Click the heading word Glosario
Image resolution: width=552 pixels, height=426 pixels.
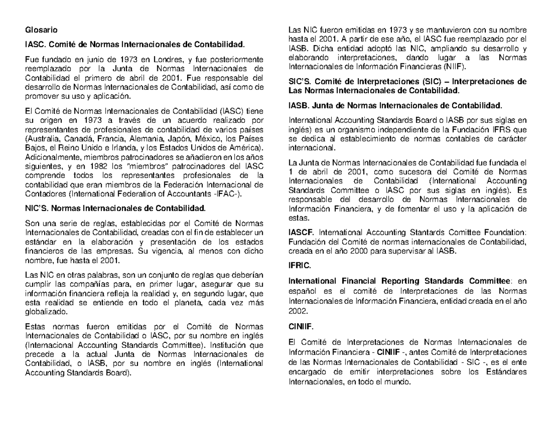(41, 31)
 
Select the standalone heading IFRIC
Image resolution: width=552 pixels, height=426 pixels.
(299, 266)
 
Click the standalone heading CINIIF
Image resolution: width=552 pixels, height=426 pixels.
(301, 327)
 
